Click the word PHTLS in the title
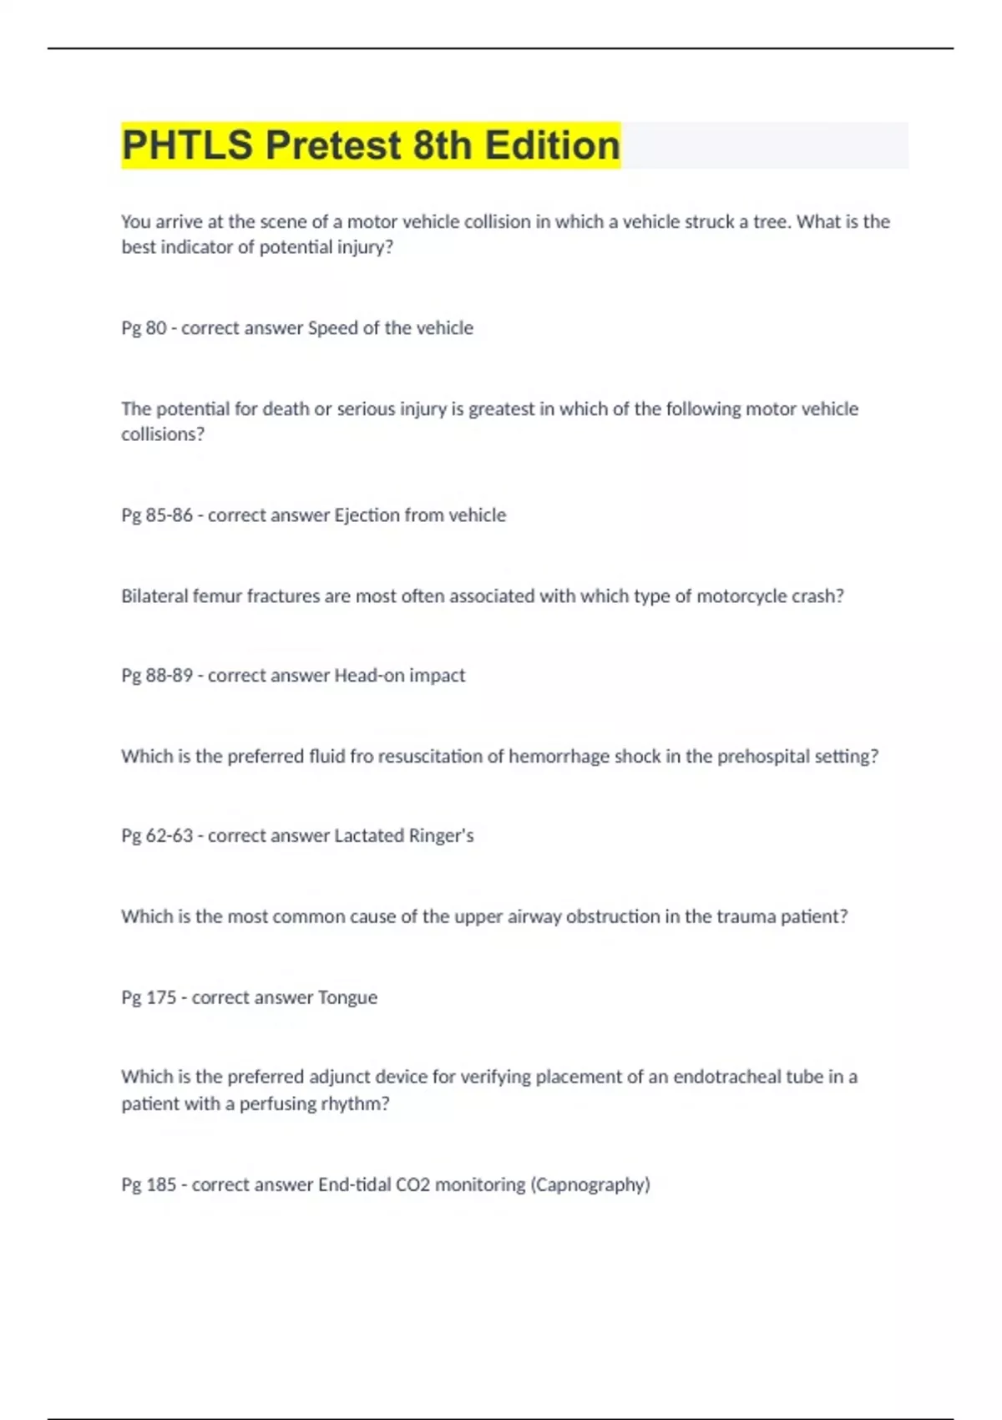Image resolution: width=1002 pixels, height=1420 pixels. point(187,145)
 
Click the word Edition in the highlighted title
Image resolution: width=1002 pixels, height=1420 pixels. point(553,145)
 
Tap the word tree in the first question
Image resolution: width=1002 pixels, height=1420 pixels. point(771,222)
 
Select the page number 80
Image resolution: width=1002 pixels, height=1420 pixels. point(156,328)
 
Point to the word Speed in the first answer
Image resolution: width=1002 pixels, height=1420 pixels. point(333,328)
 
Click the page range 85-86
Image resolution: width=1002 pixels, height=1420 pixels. point(170,515)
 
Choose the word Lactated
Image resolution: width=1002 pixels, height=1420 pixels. point(368,836)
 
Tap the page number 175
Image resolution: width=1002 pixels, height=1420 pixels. point(161,998)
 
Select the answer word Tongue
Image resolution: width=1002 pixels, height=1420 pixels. point(347,998)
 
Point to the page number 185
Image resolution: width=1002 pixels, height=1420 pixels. point(161,1185)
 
